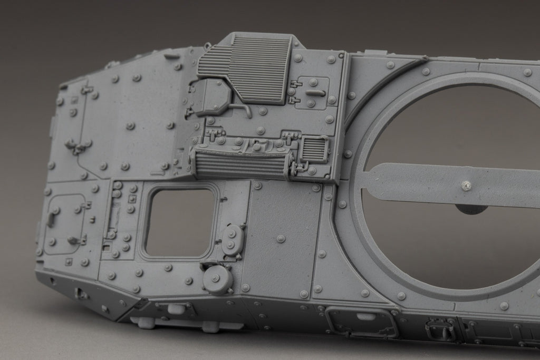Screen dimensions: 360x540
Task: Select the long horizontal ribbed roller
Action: click(240, 162)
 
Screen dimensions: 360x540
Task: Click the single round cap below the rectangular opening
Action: click(217, 278)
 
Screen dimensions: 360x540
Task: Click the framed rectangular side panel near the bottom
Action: click(362, 321)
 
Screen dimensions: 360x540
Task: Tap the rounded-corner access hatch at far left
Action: click(65, 224)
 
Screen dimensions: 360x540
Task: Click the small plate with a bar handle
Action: click(312, 93)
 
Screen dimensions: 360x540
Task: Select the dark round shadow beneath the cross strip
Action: click(470, 209)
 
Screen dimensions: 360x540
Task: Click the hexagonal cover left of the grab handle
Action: click(211, 98)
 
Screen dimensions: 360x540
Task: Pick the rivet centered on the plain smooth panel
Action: click(281, 239)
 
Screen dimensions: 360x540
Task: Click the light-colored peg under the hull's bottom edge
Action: click(210, 326)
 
